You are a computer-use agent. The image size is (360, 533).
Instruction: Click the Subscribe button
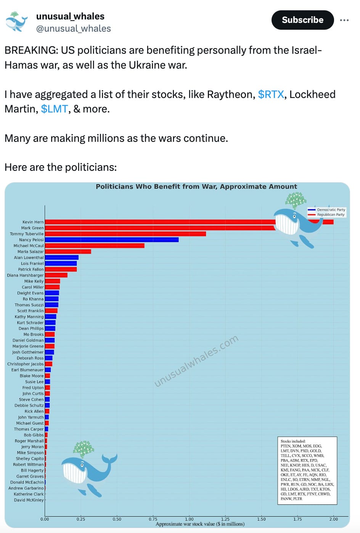[x=302, y=20]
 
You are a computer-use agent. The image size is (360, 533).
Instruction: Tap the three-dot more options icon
[x=344, y=20]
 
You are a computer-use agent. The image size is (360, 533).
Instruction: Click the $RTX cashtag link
[x=271, y=95]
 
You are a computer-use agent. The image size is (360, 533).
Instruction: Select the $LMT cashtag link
[x=54, y=109]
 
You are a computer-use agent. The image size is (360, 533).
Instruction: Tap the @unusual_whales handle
[x=74, y=29]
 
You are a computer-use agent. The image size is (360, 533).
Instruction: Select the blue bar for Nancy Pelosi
[x=111, y=240]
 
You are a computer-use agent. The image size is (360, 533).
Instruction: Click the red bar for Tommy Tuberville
[x=125, y=234]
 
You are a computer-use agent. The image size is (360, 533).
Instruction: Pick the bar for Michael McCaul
[x=94, y=246]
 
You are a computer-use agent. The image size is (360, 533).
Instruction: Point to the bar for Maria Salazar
[x=67, y=252]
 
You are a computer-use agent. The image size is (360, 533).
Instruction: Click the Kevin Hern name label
[x=33, y=222]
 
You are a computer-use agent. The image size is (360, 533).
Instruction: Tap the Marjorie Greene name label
[x=28, y=346]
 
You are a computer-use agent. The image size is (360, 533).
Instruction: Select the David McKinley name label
[x=29, y=500]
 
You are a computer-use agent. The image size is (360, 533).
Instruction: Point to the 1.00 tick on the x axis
[x=189, y=519]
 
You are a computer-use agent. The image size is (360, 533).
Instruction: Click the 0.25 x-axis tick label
[x=81, y=519]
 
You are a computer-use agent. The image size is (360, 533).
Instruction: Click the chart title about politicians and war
[x=196, y=186]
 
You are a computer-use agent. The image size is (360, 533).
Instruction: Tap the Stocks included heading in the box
[x=293, y=441]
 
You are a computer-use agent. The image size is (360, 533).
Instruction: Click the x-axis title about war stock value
[x=200, y=524]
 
